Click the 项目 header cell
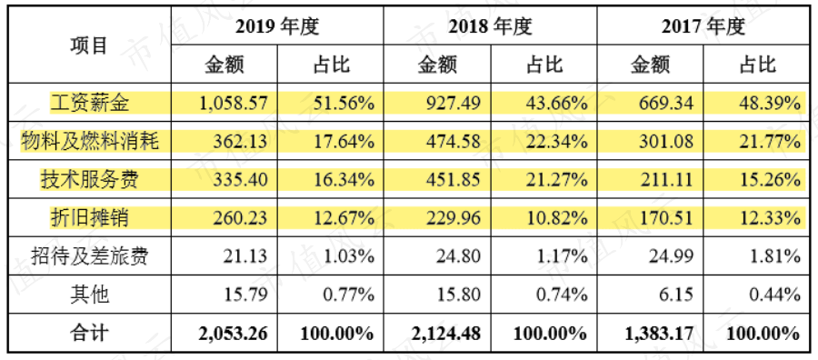click(89, 45)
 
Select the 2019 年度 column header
click(277, 26)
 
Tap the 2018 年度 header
click(491, 26)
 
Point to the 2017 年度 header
click(703, 26)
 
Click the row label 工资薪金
click(89, 104)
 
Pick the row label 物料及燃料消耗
click(89, 142)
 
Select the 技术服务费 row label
click(89, 180)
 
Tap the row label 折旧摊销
click(89, 218)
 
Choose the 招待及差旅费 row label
click(89, 256)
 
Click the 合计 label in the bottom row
click(89, 333)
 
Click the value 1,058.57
click(234, 104)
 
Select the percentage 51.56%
click(344, 104)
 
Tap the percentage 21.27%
click(556, 180)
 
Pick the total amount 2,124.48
click(445, 333)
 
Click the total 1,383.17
click(659, 333)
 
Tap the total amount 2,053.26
click(233, 333)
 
